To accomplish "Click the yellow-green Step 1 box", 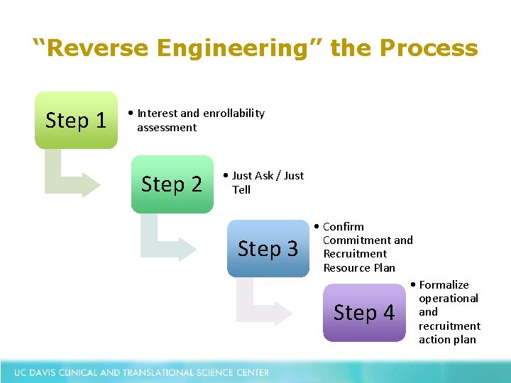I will [x=76, y=120].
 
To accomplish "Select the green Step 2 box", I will [x=172, y=184].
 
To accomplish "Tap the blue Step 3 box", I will [x=268, y=248].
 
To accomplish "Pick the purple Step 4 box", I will [x=363, y=312].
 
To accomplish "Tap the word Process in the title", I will [x=429, y=48].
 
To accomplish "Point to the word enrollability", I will [x=233, y=113].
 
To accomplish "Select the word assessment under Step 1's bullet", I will [x=167, y=127].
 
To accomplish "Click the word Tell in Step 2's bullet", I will [x=241, y=189].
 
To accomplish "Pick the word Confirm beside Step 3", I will [x=344, y=226].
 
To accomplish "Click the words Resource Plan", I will [x=359, y=267].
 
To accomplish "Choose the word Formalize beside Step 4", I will [x=444, y=284].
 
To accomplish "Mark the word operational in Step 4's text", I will [x=449, y=298].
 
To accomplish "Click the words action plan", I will [x=447, y=339].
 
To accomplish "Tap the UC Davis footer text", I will [x=141, y=372].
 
